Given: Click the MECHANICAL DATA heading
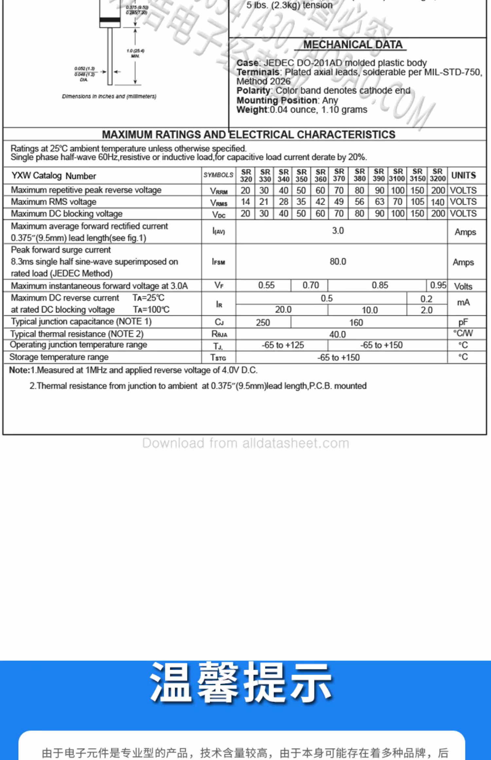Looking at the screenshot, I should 353,45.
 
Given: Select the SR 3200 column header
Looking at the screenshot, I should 437,175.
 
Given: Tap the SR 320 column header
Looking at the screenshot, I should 246,175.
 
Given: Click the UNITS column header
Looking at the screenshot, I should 464,175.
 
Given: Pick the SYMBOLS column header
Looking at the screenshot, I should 218,175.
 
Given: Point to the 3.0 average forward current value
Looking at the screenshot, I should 338,231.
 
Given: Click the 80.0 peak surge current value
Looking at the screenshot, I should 338,262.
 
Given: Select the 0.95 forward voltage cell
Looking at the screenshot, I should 438,285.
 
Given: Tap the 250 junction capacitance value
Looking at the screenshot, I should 263,323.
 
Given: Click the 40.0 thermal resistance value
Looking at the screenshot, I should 337,335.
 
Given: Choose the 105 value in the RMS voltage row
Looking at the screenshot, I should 417,202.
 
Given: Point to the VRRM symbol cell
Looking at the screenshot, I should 219,191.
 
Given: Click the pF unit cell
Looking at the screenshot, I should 463,322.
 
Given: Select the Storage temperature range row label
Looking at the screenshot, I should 59,357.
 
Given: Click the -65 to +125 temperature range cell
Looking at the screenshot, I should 283,345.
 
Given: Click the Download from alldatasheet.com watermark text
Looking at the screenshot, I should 245,443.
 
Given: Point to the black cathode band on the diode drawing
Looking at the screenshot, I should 110,20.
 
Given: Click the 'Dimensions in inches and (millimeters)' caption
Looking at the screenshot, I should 109,97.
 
